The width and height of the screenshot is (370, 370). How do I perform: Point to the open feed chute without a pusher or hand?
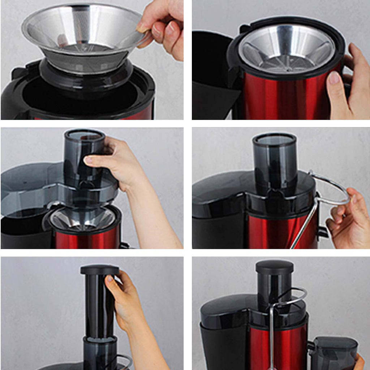(x=275, y=159)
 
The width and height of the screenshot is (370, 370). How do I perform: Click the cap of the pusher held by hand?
(x=100, y=270)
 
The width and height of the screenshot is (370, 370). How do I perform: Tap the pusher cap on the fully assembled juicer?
(x=275, y=267)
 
